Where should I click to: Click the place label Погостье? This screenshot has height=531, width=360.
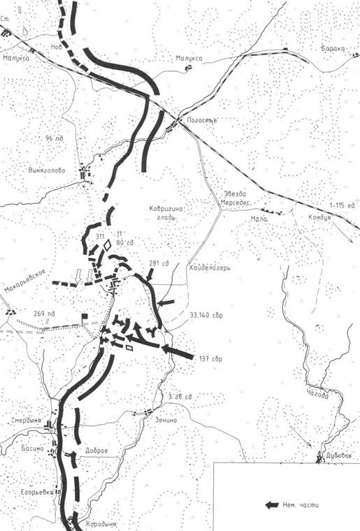pyautogui.click(x=203, y=120)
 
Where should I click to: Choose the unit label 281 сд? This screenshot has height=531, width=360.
pyautogui.click(x=159, y=263)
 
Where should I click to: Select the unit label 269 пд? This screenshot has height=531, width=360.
pyautogui.click(x=44, y=314)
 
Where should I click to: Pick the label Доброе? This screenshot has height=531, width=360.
pyautogui.click(x=96, y=451)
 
